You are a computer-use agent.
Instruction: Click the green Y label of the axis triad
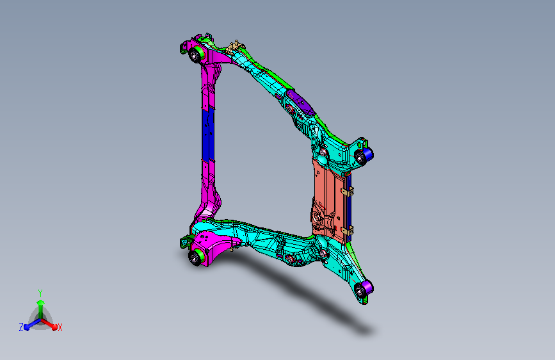tap(40, 293)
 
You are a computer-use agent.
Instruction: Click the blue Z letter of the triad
tap(21, 327)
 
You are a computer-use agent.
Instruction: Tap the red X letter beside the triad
tap(60, 328)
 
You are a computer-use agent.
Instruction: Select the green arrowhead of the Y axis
tap(41, 303)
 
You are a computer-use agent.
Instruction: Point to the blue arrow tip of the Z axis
tap(27, 327)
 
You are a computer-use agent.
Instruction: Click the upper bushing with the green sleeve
tap(196, 54)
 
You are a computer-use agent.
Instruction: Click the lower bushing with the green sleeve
tap(197, 256)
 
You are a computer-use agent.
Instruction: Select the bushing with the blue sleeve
tap(364, 156)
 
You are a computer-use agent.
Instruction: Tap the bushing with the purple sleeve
tap(364, 289)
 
